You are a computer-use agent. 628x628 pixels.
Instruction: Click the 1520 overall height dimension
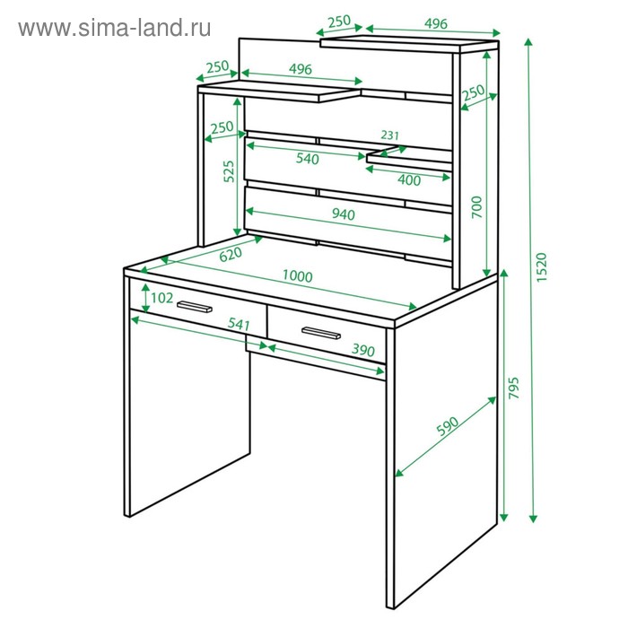(x=541, y=266)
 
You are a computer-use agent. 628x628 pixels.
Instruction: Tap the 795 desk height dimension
(x=513, y=388)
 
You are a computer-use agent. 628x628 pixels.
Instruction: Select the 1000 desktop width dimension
(x=297, y=276)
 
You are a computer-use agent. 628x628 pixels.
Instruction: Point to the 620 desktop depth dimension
(x=231, y=254)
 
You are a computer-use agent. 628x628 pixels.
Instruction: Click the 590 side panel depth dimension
(x=447, y=426)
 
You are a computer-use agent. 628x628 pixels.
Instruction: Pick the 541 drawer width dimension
(x=239, y=324)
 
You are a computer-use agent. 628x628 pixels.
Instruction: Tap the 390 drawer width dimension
(x=362, y=350)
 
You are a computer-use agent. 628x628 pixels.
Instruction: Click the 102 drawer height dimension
(x=161, y=298)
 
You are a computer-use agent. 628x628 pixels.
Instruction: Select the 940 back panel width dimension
(x=344, y=214)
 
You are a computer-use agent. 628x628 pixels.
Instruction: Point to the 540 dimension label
(x=308, y=159)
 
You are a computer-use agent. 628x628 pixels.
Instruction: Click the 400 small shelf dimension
(x=409, y=180)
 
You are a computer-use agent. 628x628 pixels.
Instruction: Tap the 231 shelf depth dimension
(x=389, y=135)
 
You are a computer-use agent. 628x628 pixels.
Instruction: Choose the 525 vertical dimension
(x=229, y=171)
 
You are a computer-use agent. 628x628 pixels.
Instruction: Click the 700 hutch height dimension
(x=476, y=207)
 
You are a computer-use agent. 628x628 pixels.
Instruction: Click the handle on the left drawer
(x=195, y=307)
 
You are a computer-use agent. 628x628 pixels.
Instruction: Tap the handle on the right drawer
(x=321, y=333)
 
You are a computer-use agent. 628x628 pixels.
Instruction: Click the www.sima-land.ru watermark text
(x=115, y=28)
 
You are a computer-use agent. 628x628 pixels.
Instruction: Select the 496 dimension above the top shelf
(x=435, y=23)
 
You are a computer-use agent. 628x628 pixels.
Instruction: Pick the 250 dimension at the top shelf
(x=339, y=22)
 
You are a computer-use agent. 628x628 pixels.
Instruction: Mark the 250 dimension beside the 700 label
(x=474, y=92)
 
